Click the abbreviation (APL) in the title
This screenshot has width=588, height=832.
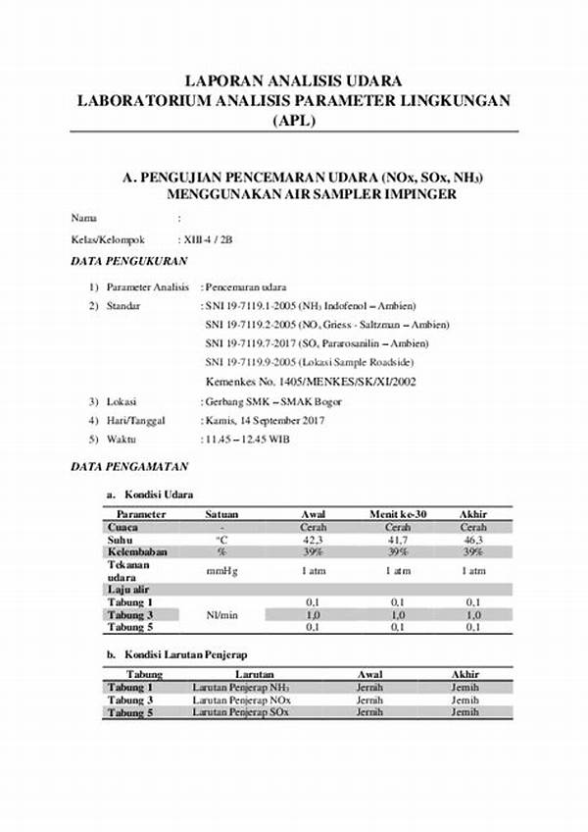(x=294, y=121)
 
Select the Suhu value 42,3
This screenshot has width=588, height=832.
(x=313, y=540)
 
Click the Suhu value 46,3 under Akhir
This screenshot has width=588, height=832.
(x=473, y=540)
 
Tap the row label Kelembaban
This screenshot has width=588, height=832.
(x=137, y=552)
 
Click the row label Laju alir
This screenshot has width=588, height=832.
(x=127, y=589)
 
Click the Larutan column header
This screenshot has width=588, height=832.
(x=233, y=675)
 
